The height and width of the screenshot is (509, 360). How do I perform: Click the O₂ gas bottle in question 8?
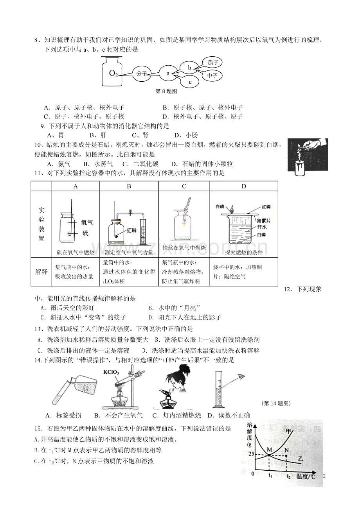(113, 71)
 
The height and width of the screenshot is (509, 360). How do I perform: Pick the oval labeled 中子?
(212, 75)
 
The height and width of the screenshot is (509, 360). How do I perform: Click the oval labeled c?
(190, 82)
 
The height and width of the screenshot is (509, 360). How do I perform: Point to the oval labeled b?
(189, 68)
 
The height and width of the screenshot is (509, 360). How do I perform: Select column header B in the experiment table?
(129, 186)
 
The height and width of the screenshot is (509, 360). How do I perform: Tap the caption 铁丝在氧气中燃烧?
(184, 252)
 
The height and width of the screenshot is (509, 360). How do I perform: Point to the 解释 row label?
(41, 271)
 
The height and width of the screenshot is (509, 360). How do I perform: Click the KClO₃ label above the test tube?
(111, 372)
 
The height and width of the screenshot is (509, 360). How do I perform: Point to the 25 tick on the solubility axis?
(250, 454)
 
